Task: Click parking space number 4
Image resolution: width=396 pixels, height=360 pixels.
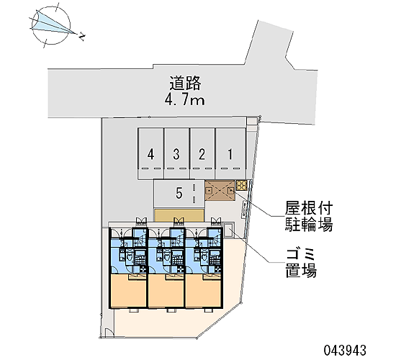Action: (x=150, y=153)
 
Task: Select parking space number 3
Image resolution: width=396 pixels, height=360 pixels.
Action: (x=176, y=153)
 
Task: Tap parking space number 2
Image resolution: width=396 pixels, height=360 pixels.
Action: (x=202, y=153)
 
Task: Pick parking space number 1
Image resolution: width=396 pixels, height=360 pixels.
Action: (x=230, y=153)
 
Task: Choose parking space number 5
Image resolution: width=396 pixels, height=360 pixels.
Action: (x=179, y=194)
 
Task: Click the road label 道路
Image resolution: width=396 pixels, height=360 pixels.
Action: (x=185, y=83)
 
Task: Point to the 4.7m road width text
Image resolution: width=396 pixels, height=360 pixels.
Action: (x=184, y=100)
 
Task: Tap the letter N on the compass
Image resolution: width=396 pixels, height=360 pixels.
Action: (x=81, y=37)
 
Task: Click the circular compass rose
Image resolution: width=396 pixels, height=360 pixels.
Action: (x=51, y=25)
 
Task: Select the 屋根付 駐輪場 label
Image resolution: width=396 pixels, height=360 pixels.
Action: (x=309, y=216)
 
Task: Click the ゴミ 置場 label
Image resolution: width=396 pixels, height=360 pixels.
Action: (x=301, y=263)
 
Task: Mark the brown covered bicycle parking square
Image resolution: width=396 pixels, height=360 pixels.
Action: (x=220, y=191)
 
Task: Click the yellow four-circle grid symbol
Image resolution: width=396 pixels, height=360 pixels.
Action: (x=242, y=185)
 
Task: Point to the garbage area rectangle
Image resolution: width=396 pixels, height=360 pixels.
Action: (x=229, y=230)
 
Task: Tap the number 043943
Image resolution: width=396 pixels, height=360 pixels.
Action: (x=345, y=351)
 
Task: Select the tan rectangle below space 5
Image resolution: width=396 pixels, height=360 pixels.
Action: (x=179, y=215)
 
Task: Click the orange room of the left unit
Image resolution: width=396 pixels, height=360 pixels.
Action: (x=128, y=291)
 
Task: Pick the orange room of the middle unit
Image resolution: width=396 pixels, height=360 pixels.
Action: (x=166, y=291)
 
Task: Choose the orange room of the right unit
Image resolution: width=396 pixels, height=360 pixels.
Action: (x=204, y=291)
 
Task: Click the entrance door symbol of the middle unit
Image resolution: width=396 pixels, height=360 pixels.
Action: (x=179, y=220)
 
